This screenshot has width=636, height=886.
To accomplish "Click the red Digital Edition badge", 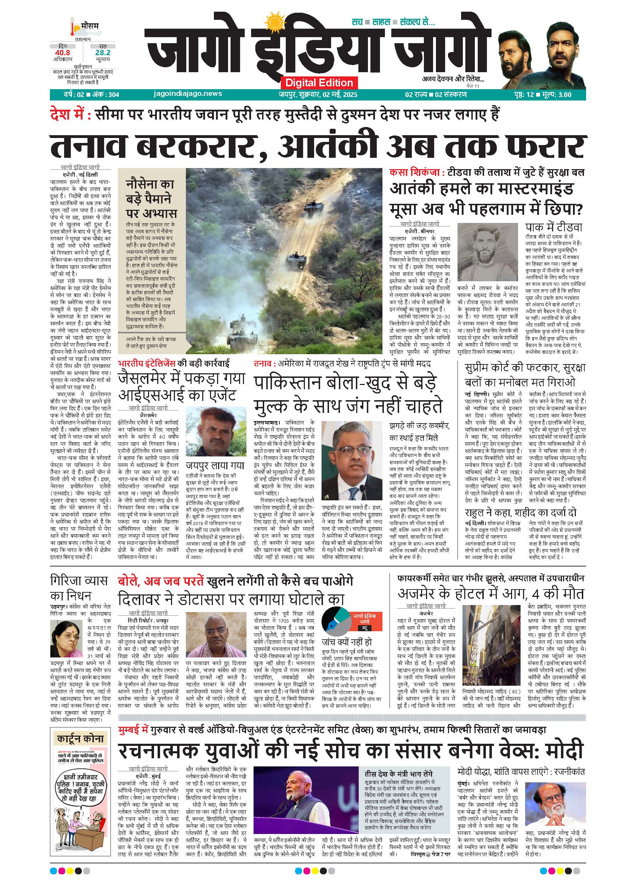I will tap(319, 82).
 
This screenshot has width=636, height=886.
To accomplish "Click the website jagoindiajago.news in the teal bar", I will tap(188, 94).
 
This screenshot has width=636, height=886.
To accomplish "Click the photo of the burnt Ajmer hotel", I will tap(490, 660).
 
